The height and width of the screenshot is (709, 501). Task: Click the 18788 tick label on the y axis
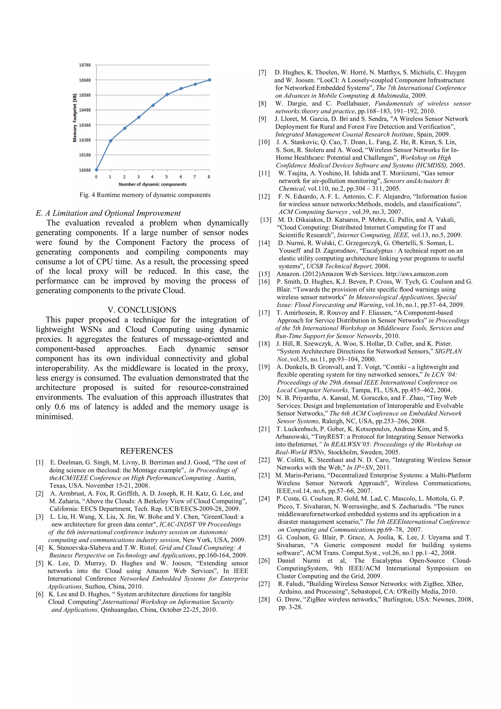(85, 65)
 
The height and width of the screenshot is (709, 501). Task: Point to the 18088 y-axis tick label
(85, 170)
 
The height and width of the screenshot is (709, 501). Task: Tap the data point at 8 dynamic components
(209, 80)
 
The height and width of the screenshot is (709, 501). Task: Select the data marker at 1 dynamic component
(110, 141)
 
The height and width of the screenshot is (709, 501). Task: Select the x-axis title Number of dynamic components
(152, 184)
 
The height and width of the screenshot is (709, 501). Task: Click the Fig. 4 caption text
(145, 195)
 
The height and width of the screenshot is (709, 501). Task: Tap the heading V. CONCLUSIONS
(142, 310)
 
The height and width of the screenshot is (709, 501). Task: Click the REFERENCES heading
(146, 451)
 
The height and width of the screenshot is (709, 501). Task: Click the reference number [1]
(40, 462)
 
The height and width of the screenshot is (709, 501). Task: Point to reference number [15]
(264, 274)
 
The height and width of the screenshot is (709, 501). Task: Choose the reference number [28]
(264, 599)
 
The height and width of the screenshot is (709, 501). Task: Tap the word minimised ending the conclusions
(54, 417)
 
